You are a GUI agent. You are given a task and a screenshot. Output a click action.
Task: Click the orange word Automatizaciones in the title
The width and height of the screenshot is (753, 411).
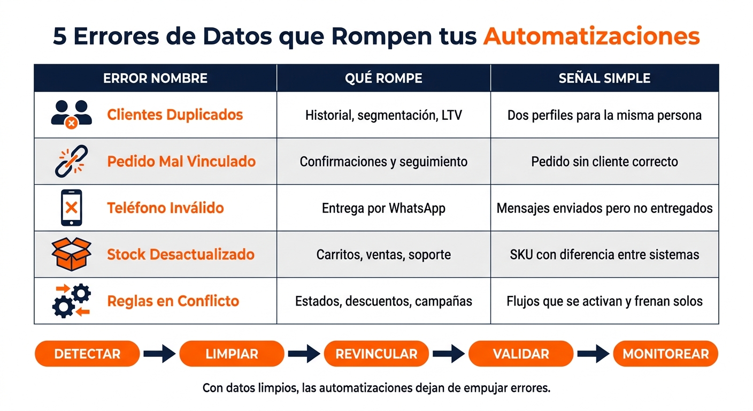(x=591, y=36)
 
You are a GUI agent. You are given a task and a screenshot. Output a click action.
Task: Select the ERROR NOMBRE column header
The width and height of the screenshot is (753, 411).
(x=155, y=78)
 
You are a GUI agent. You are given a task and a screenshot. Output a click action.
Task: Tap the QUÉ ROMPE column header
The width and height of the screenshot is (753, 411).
(x=383, y=78)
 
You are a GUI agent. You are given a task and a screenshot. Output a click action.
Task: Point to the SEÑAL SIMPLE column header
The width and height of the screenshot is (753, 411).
(x=604, y=78)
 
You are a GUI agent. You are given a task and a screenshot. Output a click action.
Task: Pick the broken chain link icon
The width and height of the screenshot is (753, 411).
(x=71, y=161)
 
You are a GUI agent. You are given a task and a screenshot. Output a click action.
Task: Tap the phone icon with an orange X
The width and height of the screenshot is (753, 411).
(x=71, y=208)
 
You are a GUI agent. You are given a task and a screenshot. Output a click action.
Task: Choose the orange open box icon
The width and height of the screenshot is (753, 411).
(x=71, y=254)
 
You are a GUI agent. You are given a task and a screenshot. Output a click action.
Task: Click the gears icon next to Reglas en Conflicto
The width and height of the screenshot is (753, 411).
(x=71, y=301)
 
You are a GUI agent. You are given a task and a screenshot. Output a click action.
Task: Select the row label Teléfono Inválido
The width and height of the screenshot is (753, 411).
(x=165, y=208)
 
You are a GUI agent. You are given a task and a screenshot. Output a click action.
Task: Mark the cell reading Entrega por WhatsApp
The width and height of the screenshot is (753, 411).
(x=383, y=208)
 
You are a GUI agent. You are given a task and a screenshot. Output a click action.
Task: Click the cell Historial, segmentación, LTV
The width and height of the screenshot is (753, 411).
(x=383, y=116)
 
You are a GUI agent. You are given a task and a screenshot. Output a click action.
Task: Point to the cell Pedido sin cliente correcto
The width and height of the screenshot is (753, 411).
(x=604, y=162)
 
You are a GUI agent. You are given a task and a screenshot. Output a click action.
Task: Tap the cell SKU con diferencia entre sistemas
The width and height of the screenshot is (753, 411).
(x=604, y=255)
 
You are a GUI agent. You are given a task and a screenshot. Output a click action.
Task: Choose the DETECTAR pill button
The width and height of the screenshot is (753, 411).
(x=87, y=354)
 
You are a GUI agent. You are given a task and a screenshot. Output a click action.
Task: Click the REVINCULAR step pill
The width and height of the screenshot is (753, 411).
(x=376, y=354)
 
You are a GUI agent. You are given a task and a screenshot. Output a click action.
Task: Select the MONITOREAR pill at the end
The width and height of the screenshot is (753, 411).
(x=666, y=354)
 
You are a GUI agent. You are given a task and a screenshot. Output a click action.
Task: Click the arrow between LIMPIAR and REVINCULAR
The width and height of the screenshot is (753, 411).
(x=304, y=354)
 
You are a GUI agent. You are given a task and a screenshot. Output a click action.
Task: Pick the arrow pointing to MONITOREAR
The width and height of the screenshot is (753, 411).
(x=593, y=354)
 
